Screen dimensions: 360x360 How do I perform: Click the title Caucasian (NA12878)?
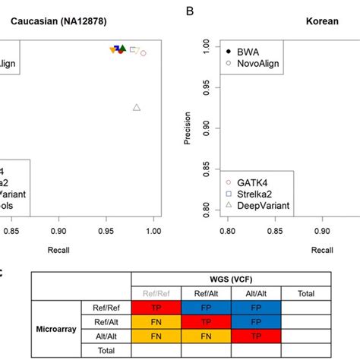coord(55,22)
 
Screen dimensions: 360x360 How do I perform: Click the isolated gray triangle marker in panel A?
coord(137,107)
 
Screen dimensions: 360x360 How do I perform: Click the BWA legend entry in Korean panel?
coord(248,50)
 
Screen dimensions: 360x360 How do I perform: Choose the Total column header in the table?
coord(307,293)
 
